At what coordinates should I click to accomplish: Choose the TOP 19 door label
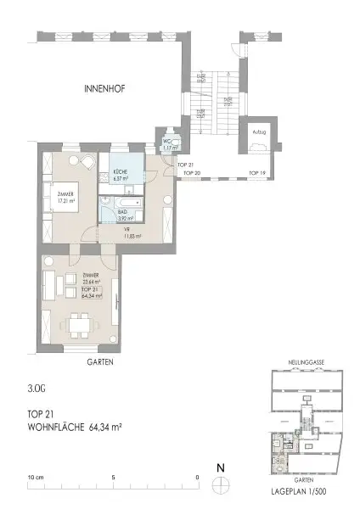pyautogui.click(x=256, y=172)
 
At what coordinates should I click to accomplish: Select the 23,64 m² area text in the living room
pyautogui.click(x=91, y=282)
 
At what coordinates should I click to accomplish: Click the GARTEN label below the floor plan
pyautogui.click(x=99, y=361)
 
